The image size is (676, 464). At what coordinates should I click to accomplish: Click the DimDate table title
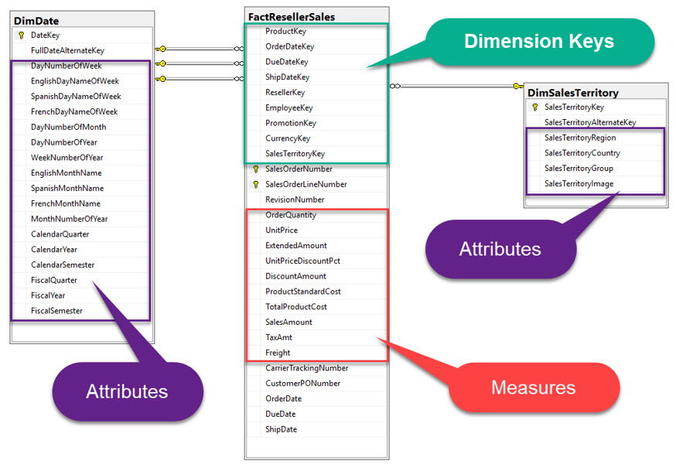(x=36, y=20)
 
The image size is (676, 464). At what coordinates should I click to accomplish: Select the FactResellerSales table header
(x=291, y=15)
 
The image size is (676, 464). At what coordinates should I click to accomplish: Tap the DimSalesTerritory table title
(x=573, y=92)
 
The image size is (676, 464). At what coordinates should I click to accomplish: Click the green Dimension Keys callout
(x=539, y=41)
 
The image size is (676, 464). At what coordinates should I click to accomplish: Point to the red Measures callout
(x=533, y=387)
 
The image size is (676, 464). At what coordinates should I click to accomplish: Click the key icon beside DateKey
(x=21, y=35)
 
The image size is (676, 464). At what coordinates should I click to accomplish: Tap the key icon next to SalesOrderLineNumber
(x=256, y=184)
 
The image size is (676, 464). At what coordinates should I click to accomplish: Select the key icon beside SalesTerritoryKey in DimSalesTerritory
(x=534, y=107)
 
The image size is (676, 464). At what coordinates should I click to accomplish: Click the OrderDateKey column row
(x=289, y=46)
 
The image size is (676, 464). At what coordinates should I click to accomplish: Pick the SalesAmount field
(x=288, y=322)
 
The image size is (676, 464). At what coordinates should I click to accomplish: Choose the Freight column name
(x=278, y=353)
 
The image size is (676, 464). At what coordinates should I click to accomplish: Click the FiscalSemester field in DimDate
(x=56, y=311)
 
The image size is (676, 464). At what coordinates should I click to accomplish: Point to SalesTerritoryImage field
(x=579, y=183)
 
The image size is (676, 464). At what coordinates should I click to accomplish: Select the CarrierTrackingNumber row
(x=306, y=368)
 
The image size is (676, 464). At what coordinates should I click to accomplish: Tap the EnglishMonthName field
(x=66, y=172)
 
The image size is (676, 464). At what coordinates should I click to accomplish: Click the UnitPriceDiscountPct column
(x=302, y=261)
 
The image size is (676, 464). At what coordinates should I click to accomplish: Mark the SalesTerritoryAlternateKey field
(x=589, y=122)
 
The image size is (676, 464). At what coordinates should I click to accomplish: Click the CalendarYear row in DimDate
(x=53, y=249)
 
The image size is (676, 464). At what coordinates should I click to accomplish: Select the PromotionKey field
(x=290, y=123)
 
